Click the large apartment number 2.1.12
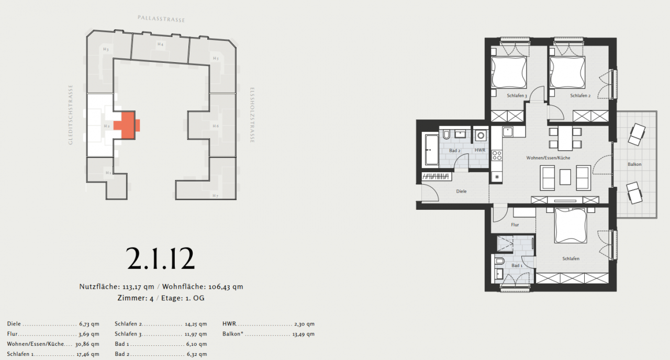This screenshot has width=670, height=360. (x=161, y=258)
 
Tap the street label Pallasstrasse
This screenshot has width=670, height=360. (x=161, y=19)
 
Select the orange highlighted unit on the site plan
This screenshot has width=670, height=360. (x=128, y=125)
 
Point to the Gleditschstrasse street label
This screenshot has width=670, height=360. (x=71, y=115)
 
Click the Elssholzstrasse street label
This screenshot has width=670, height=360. (x=252, y=115)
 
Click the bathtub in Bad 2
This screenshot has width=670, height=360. (x=431, y=150)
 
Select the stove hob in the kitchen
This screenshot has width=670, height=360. (x=497, y=155)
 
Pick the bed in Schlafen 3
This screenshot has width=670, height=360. (x=509, y=73)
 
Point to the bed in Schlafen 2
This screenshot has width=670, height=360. (x=567, y=73)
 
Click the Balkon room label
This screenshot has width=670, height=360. (x=634, y=164)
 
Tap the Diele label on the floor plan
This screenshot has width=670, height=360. (x=461, y=192)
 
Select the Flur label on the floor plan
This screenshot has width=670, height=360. (x=515, y=224)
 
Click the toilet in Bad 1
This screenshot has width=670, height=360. (x=499, y=260)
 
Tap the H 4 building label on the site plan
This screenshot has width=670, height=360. (x=160, y=44)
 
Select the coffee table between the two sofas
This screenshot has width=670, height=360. (x=565, y=177)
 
